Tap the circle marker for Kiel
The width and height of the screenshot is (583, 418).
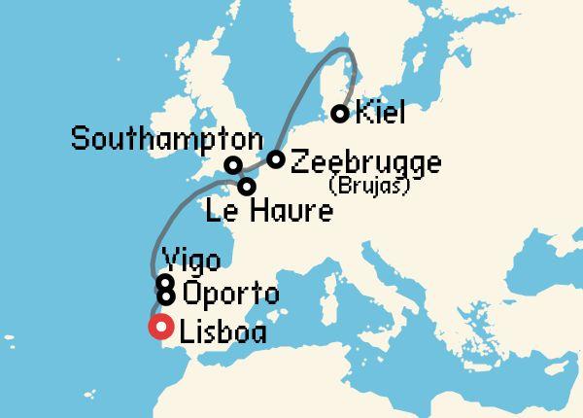(340, 114)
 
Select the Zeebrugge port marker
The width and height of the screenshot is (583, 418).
(276, 159)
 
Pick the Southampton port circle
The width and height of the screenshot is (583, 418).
(233, 165)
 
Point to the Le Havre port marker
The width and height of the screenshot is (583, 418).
(248, 186)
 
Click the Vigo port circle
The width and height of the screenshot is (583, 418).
(165, 283)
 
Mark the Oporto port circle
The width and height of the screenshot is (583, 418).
(166, 296)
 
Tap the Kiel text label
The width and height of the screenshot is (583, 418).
(380, 115)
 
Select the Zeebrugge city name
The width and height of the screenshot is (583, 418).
(365, 161)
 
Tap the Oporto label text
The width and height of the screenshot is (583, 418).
(230, 295)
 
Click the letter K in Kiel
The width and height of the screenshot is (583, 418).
(363, 115)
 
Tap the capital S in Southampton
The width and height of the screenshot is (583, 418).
(81, 140)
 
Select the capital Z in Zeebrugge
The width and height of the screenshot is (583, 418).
(300, 161)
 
